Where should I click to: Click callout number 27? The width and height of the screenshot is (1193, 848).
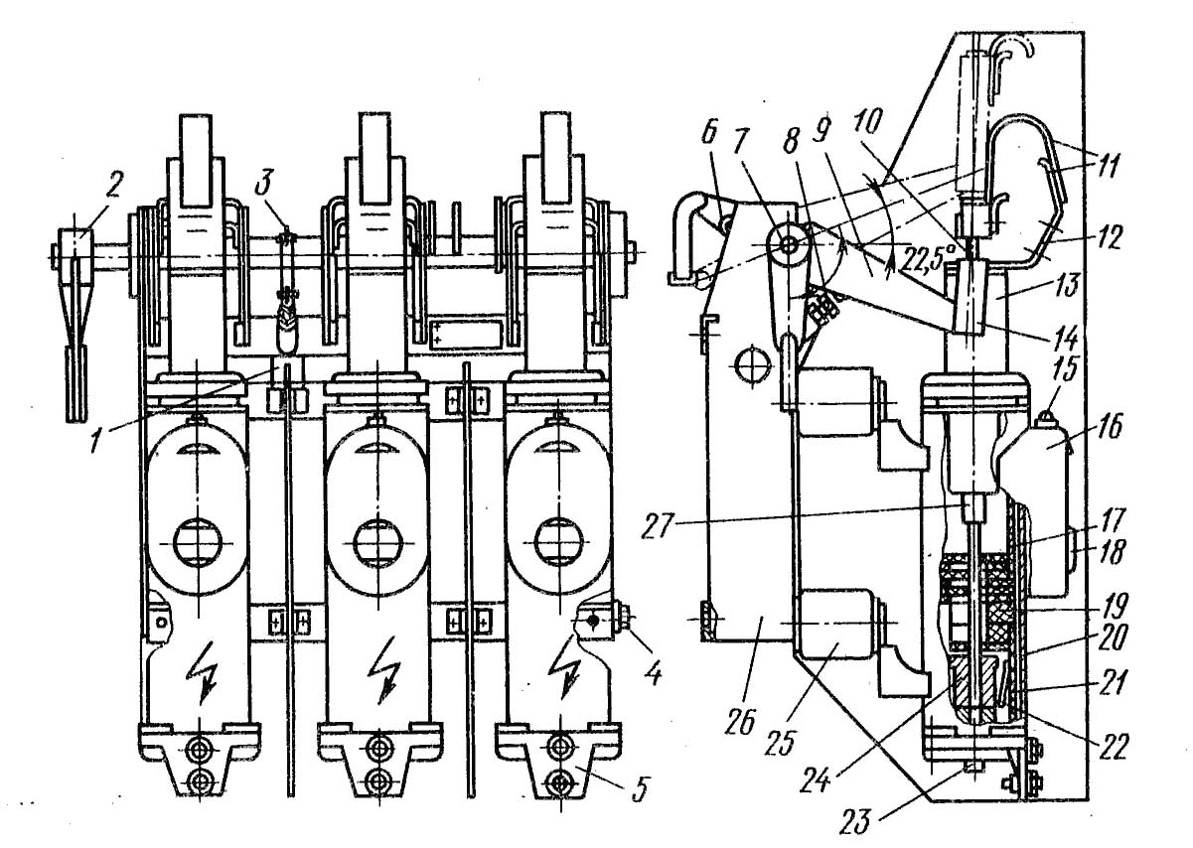[x=659, y=528]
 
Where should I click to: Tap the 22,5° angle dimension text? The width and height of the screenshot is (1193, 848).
[x=928, y=257]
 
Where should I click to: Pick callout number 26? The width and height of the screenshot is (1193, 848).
[x=740, y=721]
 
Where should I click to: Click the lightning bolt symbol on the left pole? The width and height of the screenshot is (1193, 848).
[x=203, y=672]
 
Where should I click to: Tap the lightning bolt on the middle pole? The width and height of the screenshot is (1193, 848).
[x=382, y=672]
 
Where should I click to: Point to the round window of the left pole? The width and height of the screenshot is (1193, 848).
[x=198, y=543]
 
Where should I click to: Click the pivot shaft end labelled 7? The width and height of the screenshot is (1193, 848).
[x=789, y=245]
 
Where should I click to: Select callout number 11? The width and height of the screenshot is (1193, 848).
[x=1107, y=164]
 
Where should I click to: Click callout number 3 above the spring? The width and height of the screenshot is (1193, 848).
[x=262, y=182]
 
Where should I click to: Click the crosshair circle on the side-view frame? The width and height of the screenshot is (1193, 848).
[x=752, y=364]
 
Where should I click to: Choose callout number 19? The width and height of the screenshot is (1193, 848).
[x=1116, y=604]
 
